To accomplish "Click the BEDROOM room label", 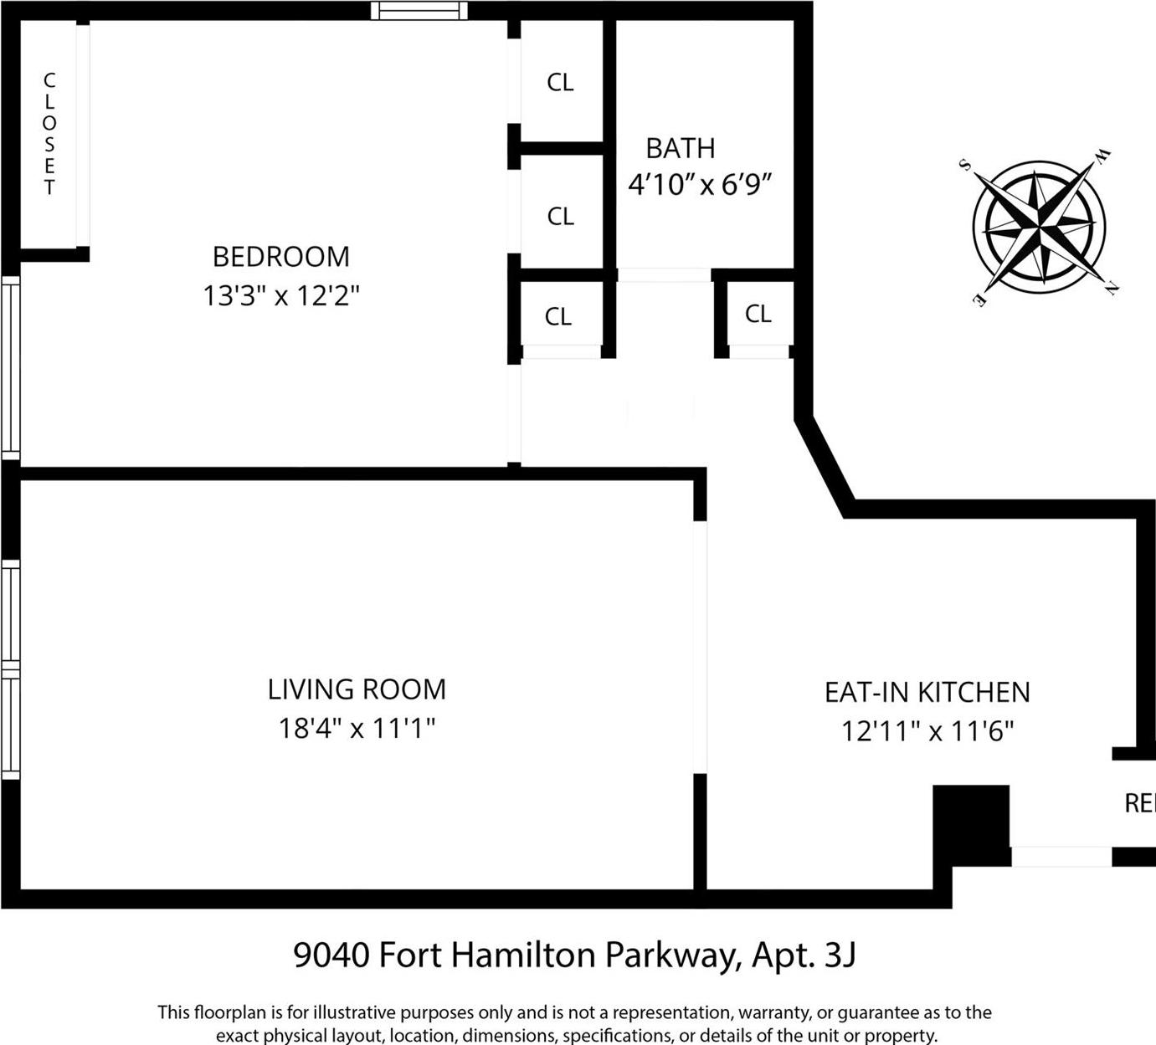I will [280, 257].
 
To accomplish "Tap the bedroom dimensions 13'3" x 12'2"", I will [280, 295].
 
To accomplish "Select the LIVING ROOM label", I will [357, 689].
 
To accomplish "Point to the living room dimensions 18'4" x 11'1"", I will [357, 728].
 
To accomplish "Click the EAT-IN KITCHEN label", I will [927, 693].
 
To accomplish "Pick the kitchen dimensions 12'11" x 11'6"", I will [927, 731].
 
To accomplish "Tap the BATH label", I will [680, 149].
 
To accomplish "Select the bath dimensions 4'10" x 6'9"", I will [699, 184].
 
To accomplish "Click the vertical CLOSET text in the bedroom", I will [49, 134].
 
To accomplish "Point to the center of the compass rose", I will [1038, 226].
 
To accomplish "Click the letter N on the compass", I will [1112, 289].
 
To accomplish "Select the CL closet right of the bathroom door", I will [758, 314].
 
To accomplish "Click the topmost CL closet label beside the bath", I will [560, 82].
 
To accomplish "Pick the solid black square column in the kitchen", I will [971, 825].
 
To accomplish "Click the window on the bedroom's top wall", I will [419, 10].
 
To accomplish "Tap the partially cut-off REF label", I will [1139, 804].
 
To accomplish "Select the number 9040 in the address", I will [331, 955].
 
